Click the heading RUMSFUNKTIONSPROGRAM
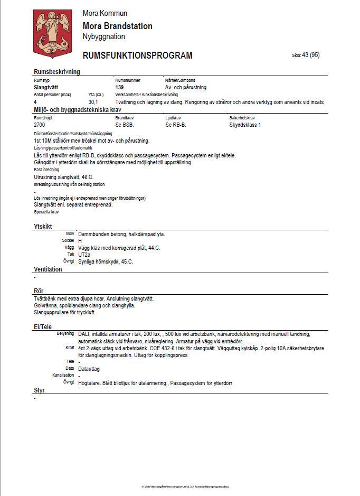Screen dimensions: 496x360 (x=137, y=55)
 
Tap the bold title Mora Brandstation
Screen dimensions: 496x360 (x=118, y=26)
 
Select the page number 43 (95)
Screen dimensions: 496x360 (x=310, y=55)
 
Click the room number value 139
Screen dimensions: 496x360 (x=120, y=87)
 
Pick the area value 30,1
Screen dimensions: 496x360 (x=93, y=101)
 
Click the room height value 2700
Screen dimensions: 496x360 (x=40, y=125)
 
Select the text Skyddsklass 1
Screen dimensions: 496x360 (x=245, y=125)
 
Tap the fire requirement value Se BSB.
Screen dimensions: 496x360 (x=125, y=125)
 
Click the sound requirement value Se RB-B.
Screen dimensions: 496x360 (x=176, y=125)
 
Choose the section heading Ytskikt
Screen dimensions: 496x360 (x=43, y=226)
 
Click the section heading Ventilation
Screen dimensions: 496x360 (x=48, y=269)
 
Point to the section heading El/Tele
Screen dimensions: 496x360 (x=43, y=327)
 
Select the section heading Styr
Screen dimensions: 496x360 (x=39, y=391)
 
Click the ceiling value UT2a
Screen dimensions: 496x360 (x=84, y=255)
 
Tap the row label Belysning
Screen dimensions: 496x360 (x=65, y=334)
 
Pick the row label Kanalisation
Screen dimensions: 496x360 (x=63, y=375)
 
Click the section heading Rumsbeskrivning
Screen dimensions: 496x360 (x=56, y=72)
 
